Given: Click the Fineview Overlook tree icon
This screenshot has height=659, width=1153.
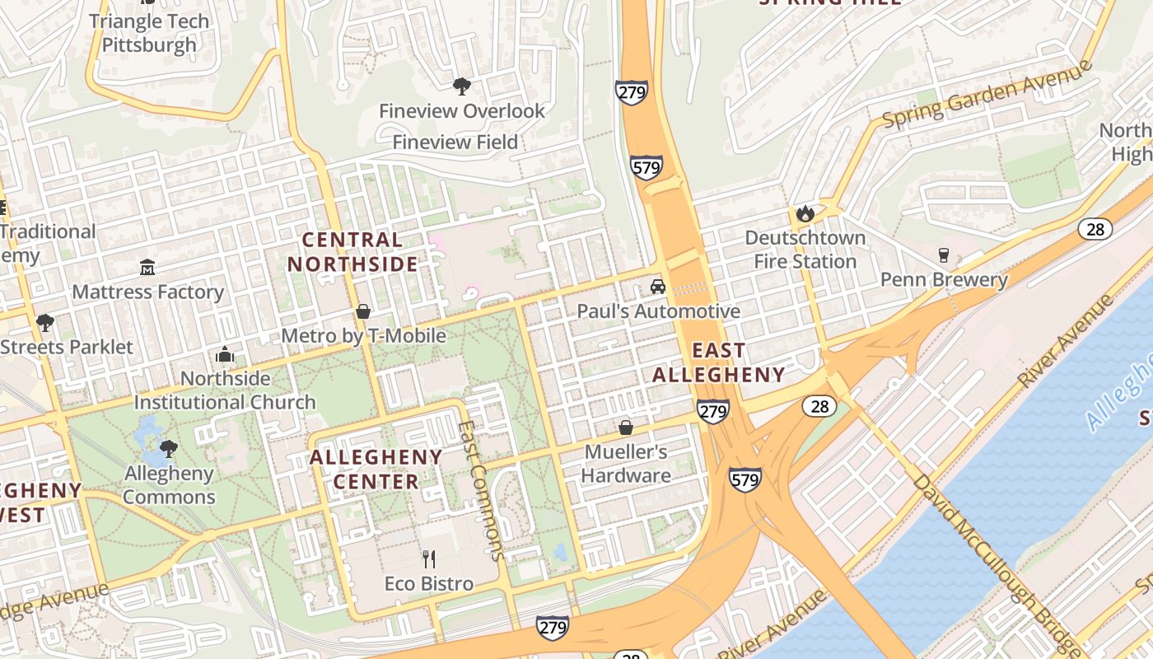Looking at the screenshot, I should click(462, 86).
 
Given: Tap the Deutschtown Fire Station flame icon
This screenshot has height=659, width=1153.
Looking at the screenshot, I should click(805, 213).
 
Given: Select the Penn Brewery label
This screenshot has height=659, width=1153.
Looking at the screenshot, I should click(944, 280).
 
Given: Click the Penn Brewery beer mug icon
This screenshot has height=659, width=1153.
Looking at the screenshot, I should click(944, 255).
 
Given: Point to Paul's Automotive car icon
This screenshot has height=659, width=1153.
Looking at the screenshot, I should click(657, 287).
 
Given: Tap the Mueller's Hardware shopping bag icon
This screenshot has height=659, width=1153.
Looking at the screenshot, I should click(626, 428).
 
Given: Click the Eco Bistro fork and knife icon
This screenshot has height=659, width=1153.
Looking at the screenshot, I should click(428, 559).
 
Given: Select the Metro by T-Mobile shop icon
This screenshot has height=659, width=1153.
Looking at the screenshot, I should click(363, 311).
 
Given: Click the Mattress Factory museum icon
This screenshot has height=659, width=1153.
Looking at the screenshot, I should click(147, 267).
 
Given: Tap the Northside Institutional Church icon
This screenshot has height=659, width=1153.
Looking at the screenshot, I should click(225, 355).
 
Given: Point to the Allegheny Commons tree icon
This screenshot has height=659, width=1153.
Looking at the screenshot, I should click(169, 449).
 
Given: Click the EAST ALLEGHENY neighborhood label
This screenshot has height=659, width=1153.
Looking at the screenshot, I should click(719, 362).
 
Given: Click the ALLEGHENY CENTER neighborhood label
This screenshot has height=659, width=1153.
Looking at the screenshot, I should click(376, 469).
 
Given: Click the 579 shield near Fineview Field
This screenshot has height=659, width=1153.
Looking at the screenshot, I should click(647, 167).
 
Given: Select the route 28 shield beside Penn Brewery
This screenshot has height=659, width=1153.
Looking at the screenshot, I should click(1095, 229).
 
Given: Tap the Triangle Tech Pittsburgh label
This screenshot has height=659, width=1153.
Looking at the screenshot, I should click(149, 32).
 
